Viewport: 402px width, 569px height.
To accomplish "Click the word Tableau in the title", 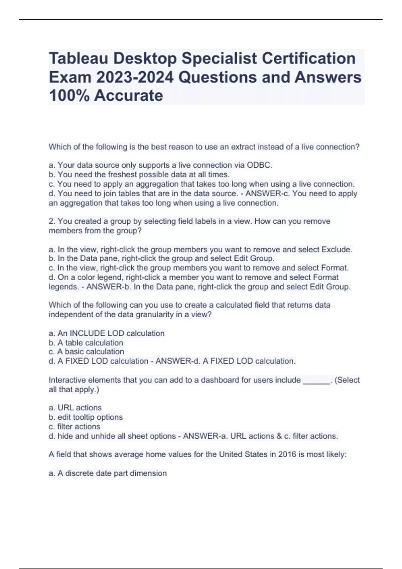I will tap(79, 58).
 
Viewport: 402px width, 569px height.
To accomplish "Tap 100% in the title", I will tap(69, 96).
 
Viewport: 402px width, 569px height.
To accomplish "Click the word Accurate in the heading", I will tap(129, 96).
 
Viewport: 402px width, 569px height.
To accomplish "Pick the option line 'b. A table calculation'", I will tap(86, 343).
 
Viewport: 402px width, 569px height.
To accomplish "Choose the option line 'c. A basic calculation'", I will tap(86, 352).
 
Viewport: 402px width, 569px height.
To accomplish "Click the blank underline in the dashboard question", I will tap(316, 381).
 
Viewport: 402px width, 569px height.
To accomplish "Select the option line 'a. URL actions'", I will tap(75, 408).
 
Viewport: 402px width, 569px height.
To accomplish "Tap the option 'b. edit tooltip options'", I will tap(86, 417).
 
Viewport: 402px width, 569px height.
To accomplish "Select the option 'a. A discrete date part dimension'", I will tap(108, 473).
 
